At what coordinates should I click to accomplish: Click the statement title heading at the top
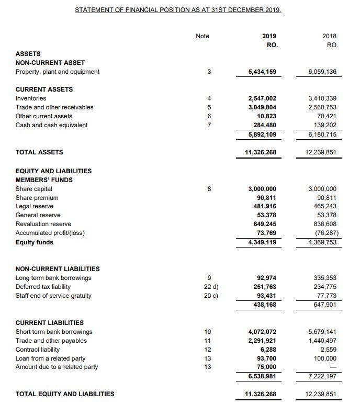[178, 10]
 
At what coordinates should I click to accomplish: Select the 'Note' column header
[202, 36]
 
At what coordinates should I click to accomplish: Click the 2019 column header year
[269, 36]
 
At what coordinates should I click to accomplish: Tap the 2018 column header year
[330, 36]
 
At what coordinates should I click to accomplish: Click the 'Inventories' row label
[31, 98]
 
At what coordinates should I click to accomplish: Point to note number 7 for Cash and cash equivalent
[209, 125]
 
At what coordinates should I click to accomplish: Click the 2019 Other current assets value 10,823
[265, 116]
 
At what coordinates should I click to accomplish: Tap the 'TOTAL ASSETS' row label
[39, 152]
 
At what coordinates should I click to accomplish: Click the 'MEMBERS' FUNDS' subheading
[44, 180]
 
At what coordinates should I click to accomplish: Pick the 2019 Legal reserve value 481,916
[263, 207]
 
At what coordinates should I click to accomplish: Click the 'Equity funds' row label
[35, 242]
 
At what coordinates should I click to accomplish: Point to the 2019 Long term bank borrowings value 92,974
[265, 278]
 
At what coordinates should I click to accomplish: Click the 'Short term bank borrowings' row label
[54, 332]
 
